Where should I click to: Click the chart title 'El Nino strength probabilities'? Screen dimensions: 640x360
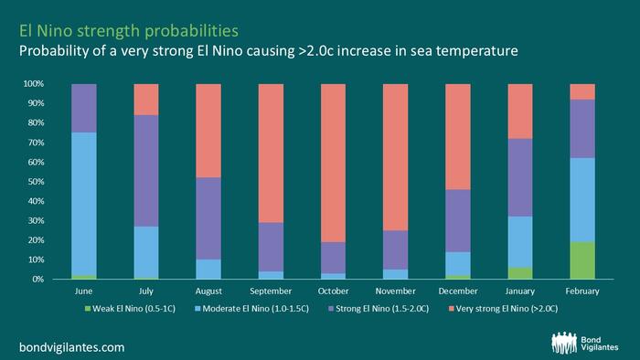pos(129,31)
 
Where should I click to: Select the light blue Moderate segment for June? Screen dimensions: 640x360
pos(84,204)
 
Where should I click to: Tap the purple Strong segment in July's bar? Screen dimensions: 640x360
pos(146,171)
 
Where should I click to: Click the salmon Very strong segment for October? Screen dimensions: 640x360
pos(333,163)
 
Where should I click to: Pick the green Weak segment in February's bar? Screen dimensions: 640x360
pos(582,260)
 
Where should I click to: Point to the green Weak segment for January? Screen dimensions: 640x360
pos(520,273)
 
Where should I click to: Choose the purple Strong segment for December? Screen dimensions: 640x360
pos(458,220)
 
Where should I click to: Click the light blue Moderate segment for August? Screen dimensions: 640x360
pos(208,269)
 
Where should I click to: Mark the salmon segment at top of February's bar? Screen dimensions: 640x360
pos(582,91)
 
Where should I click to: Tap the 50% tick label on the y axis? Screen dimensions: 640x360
pos(36,182)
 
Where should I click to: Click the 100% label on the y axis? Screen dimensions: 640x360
pos(34,84)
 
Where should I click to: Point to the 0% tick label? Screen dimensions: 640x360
pos(38,280)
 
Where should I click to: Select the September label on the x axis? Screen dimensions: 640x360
pos(271,291)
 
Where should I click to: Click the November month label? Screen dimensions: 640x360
pos(396,291)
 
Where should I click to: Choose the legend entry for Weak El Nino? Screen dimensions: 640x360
pos(130,309)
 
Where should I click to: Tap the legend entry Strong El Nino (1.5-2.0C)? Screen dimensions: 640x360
pos(379,309)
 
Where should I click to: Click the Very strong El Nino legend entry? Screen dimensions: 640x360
pos(503,309)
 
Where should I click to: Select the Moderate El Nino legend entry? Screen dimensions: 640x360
pos(251,309)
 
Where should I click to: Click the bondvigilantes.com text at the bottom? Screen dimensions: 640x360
pos(72,347)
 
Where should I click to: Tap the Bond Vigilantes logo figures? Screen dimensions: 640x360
pos(564,343)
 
